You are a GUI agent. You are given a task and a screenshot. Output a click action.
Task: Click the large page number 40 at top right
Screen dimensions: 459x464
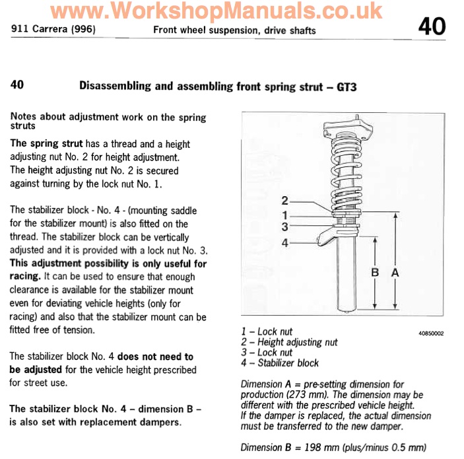pos(432,27)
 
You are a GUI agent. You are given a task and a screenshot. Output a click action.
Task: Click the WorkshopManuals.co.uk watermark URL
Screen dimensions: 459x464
pos(216,11)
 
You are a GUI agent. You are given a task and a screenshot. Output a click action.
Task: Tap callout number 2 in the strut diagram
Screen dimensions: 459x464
pos(284,200)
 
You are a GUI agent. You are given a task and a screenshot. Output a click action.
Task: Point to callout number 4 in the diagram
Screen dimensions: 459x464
pos(284,242)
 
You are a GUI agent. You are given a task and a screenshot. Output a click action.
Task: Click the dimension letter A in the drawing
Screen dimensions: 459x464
pos(396,271)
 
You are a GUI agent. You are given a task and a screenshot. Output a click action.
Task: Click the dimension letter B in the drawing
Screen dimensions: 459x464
pos(374,271)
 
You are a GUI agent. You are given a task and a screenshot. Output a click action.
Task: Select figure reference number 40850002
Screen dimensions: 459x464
pos(430,334)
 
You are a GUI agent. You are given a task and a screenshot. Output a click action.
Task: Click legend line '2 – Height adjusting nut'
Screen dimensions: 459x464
pos(289,342)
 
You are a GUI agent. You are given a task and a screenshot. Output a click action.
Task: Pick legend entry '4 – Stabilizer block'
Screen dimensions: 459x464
pos(280,363)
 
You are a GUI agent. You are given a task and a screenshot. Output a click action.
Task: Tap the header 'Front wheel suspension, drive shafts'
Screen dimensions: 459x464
pos(234,30)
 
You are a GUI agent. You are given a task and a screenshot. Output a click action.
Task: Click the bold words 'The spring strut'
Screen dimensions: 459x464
pos(46,143)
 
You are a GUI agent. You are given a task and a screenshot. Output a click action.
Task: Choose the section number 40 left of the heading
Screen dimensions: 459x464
pos(18,85)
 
